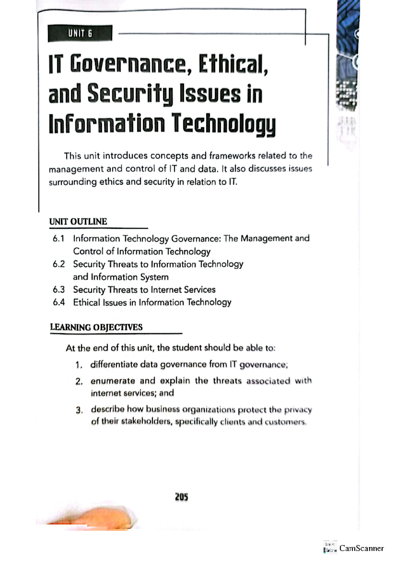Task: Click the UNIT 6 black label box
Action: [80, 33]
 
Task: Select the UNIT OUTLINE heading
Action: [78, 221]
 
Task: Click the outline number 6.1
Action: [58, 239]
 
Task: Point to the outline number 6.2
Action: [58, 264]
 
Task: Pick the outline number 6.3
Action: [58, 290]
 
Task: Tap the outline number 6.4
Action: [58, 302]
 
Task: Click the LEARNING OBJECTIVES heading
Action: [96, 327]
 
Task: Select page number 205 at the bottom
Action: [181, 497]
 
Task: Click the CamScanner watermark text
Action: [361, 548]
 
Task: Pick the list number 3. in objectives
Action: [79, 410]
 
